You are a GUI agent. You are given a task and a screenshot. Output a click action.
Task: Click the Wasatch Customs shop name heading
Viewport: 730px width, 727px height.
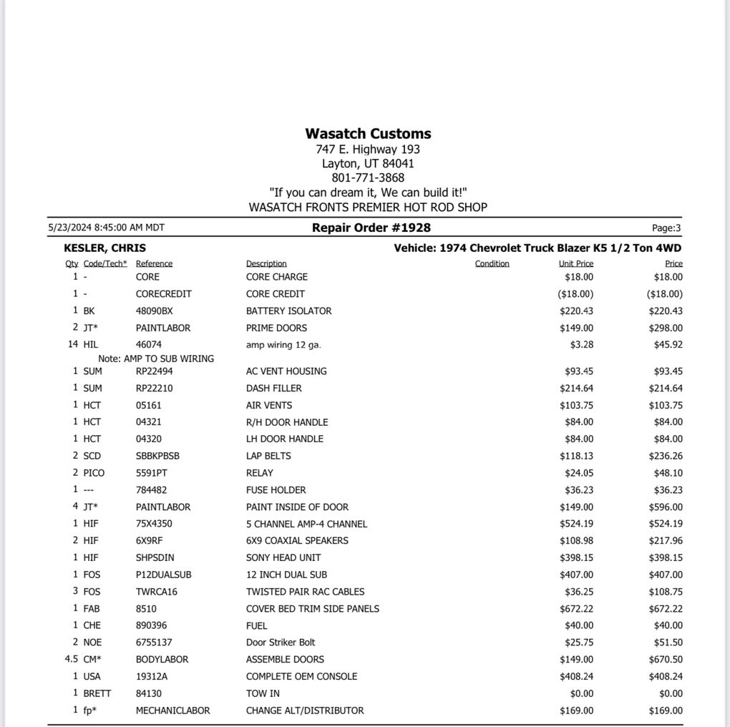tap(368, 134)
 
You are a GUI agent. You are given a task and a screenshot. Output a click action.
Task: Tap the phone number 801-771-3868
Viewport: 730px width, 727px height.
tap(368, 178)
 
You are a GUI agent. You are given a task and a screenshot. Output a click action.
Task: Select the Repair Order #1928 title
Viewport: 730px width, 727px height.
tap(371, 228)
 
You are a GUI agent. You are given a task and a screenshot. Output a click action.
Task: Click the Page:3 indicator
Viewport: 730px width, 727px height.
tap(666, 228)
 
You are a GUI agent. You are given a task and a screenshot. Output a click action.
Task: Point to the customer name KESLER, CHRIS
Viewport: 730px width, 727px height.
tap(104, 248)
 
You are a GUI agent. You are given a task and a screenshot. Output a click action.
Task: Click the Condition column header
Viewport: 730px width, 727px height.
tap(492, 264)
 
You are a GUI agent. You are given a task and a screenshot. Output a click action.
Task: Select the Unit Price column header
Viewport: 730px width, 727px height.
tap(575, 264)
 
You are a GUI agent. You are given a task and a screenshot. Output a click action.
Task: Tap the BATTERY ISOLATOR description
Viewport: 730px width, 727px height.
tap(288, 311)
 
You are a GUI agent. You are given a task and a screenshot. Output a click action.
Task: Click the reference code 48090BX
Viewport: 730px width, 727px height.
tap(154, 311)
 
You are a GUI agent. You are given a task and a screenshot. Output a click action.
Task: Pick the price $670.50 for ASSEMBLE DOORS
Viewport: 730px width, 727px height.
tap(668, 660)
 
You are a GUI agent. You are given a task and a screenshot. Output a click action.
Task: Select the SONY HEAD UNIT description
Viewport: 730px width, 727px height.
tap(283, 558)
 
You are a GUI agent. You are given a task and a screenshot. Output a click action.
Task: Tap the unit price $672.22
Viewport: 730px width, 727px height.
tap(576, 609)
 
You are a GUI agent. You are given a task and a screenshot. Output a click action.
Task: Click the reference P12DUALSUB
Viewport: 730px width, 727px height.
tap(163, 575)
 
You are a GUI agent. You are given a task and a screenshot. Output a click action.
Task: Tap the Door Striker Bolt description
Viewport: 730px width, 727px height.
tap(280, 643)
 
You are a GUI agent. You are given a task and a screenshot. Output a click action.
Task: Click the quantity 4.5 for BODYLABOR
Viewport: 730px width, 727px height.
tap(71, 660)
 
